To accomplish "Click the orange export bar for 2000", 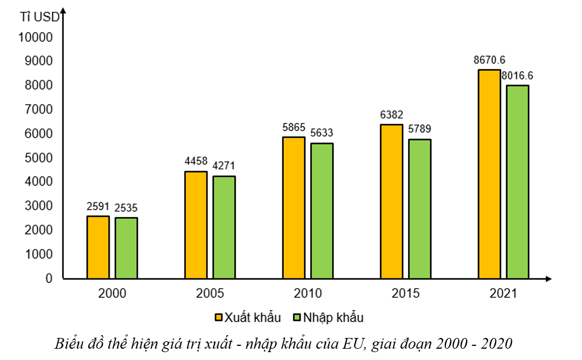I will coord(98,247).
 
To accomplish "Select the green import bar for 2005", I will coord(224,227).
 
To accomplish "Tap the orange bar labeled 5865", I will coord(293,207).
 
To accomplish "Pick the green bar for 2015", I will coord(420,209).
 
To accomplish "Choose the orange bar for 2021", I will coord(489,174).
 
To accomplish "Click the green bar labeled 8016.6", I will coord(517,181).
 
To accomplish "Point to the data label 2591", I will coord(98,207).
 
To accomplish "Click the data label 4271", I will coord(224,166).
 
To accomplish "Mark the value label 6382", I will coord(392,115).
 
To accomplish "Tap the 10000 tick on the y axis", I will coord(35,37).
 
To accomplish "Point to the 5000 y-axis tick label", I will coord(39,158).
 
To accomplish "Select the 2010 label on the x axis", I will coord(308,294).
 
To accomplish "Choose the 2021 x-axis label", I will coord(503,294).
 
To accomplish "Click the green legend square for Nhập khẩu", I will coord(296,317).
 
